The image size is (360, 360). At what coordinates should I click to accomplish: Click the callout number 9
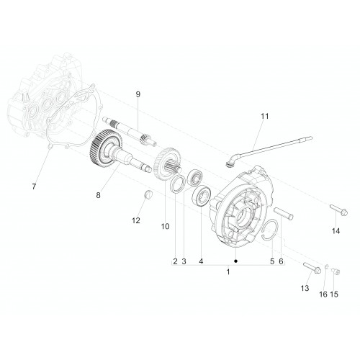pyautogui.click(x=138, y=94)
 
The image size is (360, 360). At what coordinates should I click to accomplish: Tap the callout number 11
pyautogui.click(x=265, y=116)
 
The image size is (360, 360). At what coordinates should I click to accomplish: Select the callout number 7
pyautogui.click(x=34, y=186)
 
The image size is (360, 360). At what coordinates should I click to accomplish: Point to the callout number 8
pyautogui.click(x=98, y=195)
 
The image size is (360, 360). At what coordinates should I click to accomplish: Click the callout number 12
pyautogui.click(x=136, y=220)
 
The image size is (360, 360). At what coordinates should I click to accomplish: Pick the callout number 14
pyautogui.click(x=336, y=231)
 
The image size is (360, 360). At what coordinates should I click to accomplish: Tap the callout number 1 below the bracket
pyautogui.click(x=228, y=272)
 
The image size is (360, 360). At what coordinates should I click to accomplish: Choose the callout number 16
pyautogui.click(x=323, y=294)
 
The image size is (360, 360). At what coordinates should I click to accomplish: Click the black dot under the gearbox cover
pyautogui.click(x=236, y=261)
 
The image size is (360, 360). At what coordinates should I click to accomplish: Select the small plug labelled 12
pyautogui.click(x=148, y=194)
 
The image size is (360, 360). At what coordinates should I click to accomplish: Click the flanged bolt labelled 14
pyautogui.click(x=339, y=210)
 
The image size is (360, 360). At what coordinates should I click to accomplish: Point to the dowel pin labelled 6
pyautogui.click(x=284, y=213)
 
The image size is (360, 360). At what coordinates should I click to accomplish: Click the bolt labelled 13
pyautogui.click(x=312, y=268)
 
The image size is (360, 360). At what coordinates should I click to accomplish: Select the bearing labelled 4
pyautogui.click(x=202, y=196)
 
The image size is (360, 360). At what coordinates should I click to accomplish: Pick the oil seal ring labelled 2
pyautogui.click(x=177, y=184)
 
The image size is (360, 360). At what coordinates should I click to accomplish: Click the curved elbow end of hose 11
pyautogui.click(x=231, y=160)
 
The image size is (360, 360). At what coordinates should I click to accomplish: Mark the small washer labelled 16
pyautogui.click(x=326, y=266)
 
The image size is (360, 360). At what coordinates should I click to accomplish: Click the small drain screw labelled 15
pyautogui.click(x=336, y=271)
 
